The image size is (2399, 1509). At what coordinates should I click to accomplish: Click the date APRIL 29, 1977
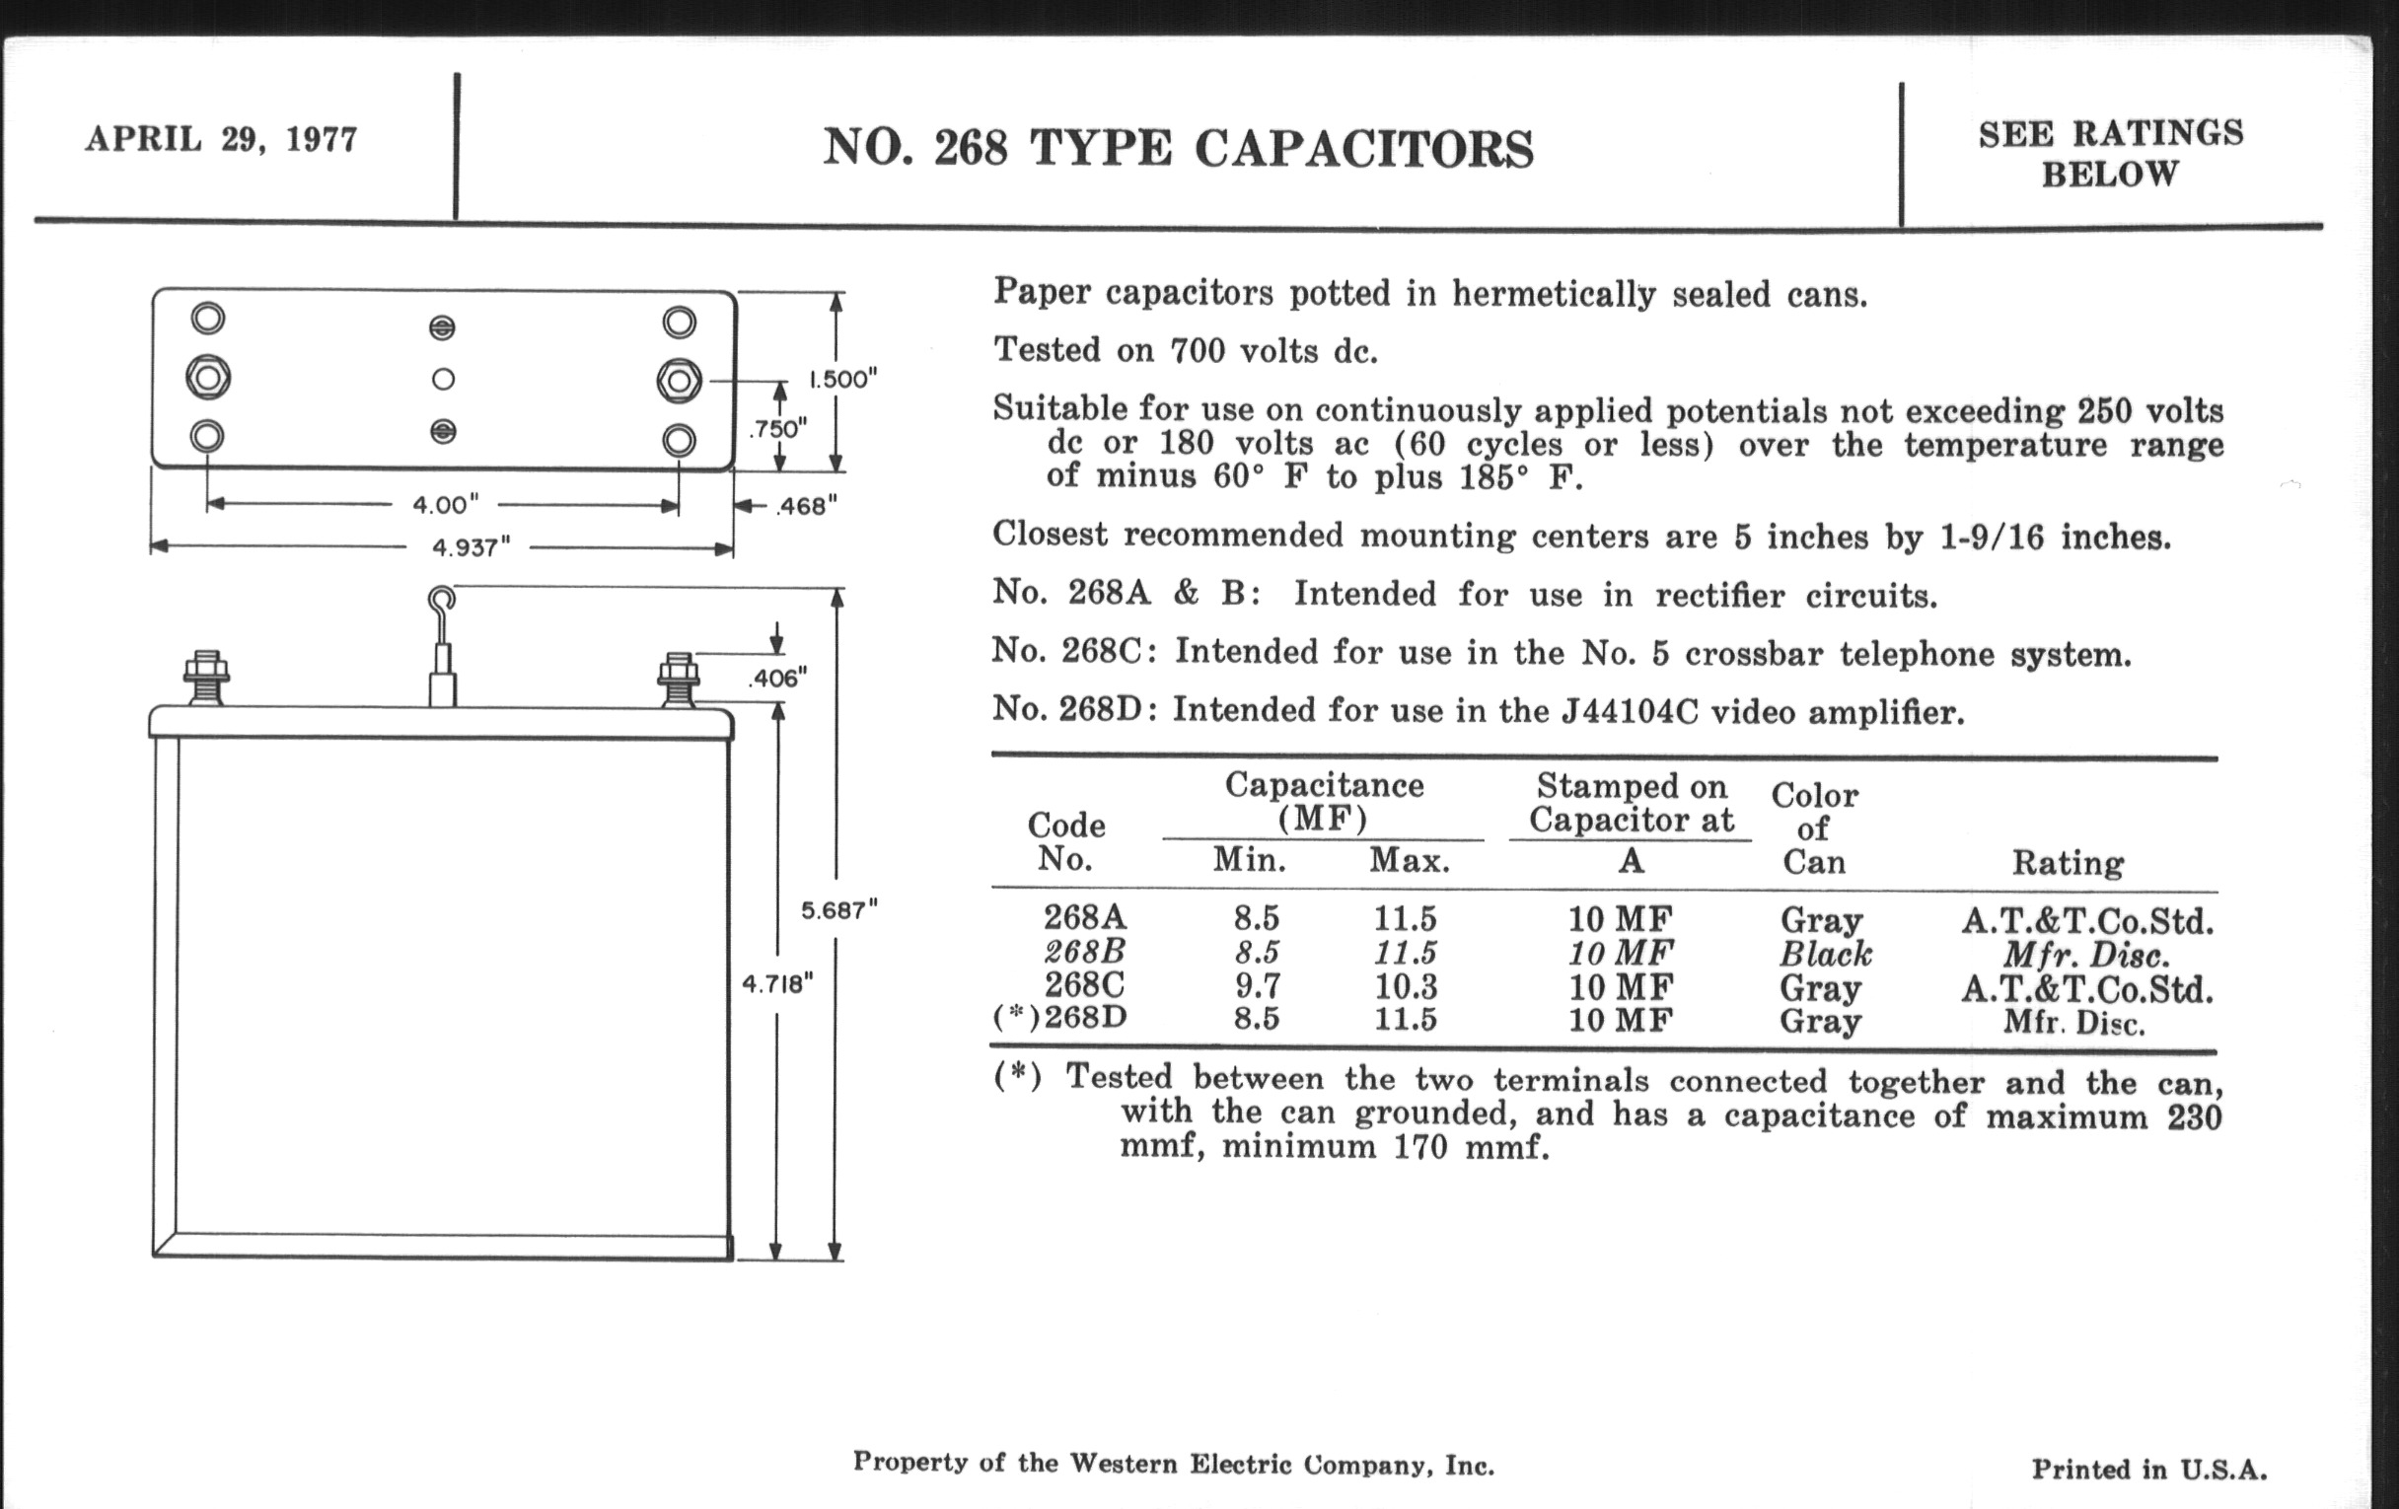(221, 139)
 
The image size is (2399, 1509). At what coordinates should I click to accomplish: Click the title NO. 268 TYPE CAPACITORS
(1178, 149)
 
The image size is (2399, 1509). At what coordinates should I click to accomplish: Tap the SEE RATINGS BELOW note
(2110, 154)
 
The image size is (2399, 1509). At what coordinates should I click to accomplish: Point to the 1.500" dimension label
(842, 380)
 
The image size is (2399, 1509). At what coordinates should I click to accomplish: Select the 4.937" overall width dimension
(471, 547)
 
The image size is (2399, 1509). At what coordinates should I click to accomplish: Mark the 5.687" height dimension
(838, 910)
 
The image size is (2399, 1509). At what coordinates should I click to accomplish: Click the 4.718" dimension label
(777, 984)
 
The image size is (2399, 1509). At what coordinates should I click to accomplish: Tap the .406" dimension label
(777, 680)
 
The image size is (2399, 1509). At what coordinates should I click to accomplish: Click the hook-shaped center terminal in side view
(442, 601)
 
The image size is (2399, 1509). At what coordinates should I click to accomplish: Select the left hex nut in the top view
(208, 378)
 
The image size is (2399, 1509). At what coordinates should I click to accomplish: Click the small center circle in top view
(443, 380)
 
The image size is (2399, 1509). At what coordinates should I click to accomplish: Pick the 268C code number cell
(1084, 985)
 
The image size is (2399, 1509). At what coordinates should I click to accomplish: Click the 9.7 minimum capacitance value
(1257, 986)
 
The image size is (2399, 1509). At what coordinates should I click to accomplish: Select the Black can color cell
(1825, 954)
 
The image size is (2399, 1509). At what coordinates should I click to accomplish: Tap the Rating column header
(2068, 863)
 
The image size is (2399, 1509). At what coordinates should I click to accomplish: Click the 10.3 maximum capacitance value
(1406, 986)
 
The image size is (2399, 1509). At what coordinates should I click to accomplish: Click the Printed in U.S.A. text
(2148, 1470)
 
